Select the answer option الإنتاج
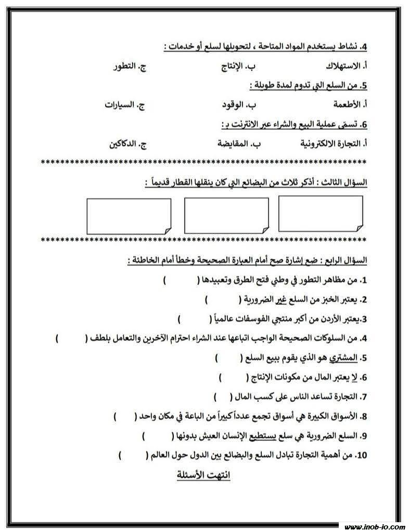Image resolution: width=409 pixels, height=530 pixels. coord(237,67)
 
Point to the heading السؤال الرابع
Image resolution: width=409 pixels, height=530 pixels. coord(346,260)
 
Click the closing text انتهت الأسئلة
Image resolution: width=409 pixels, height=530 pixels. coord(201,475)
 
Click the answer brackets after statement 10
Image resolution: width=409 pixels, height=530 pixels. coord(134,455)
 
